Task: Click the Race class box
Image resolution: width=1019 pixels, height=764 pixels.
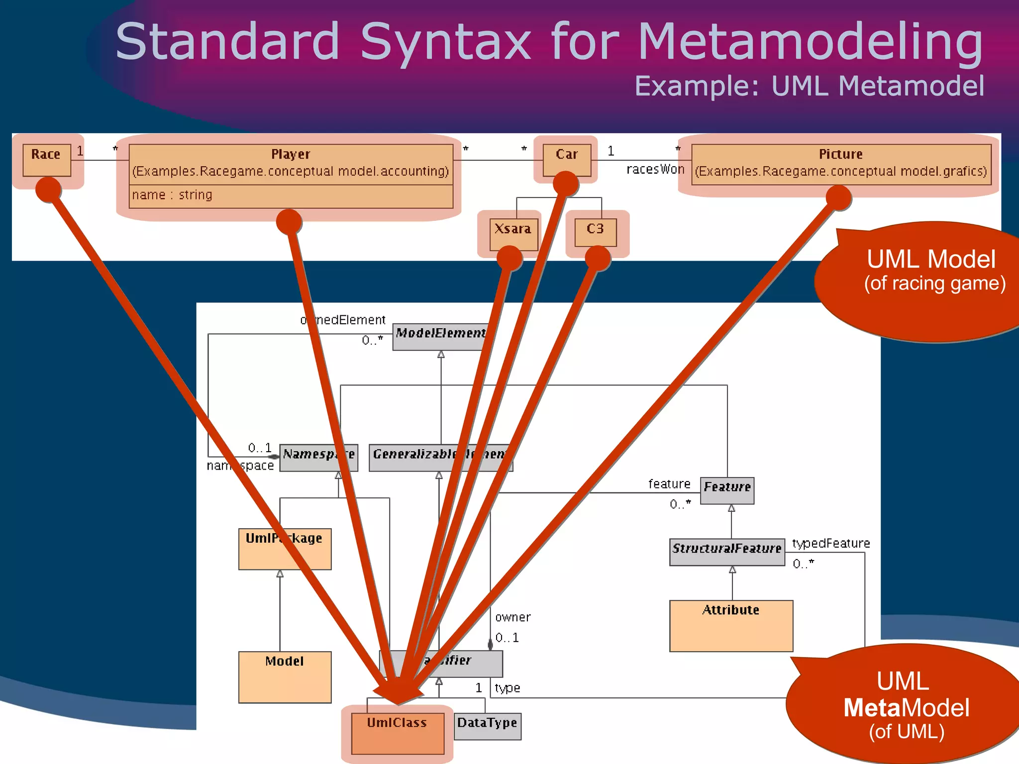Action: (x=46, y=159)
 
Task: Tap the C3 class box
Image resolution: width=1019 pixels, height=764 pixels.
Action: (x=595, y=232)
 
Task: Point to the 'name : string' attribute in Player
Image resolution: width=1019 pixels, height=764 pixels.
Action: (x=172, y=195)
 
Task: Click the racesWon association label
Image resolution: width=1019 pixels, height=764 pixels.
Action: (x=655, y=170)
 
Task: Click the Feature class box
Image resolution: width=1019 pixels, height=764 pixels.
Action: (x=727, y=490)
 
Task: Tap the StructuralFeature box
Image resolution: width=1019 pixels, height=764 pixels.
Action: (x=726, y=552)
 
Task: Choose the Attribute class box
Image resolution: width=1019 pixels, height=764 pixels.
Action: (x=730, y=625)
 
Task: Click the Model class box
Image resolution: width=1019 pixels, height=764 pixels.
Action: (x=285, y=676)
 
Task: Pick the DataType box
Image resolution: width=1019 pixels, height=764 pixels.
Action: (x=487, y=726)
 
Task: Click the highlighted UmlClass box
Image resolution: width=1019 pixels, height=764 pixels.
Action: (x=397, y=734)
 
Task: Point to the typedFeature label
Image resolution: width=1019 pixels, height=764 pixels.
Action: (x=831, y=544)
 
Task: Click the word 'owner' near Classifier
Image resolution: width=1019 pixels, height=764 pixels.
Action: (x=513, y=617)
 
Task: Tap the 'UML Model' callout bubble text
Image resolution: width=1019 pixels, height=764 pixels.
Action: (x=931, y=260)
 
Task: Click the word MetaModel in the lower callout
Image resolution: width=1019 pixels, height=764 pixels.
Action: (x=906, y=708)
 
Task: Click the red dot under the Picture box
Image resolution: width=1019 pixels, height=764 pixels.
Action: (x=838, y=198)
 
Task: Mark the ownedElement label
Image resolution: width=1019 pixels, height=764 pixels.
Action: (x=343, y=320)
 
